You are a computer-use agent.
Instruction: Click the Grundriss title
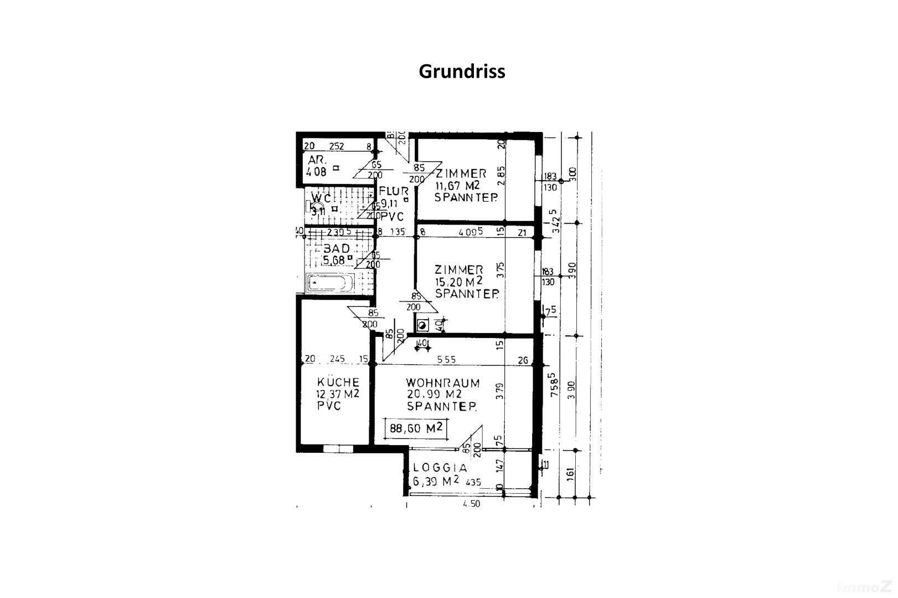[462, 71]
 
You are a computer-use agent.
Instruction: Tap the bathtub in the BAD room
[331, 283]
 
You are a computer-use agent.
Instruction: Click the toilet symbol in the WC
[311, 206]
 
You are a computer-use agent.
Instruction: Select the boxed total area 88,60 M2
[416, 428]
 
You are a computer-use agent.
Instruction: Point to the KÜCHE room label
[338, 382]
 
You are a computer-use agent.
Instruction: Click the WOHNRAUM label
[442, 382]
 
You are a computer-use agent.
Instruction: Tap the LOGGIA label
[440, 468]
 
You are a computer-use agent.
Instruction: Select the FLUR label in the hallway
[394, 192]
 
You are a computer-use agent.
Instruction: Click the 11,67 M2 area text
[457, 185]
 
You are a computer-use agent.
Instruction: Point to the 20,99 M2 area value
[434, 394]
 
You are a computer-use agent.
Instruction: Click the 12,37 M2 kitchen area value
[338, 394]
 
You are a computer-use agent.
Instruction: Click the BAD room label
[337, 249]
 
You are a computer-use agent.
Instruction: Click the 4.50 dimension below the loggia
[471, 504]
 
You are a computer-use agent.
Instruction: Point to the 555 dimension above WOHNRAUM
[446, 360]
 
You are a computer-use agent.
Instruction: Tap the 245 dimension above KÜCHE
[337, 359]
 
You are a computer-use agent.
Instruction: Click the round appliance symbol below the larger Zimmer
[422, 325]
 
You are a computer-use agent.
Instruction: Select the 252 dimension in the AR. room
[337, 146]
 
